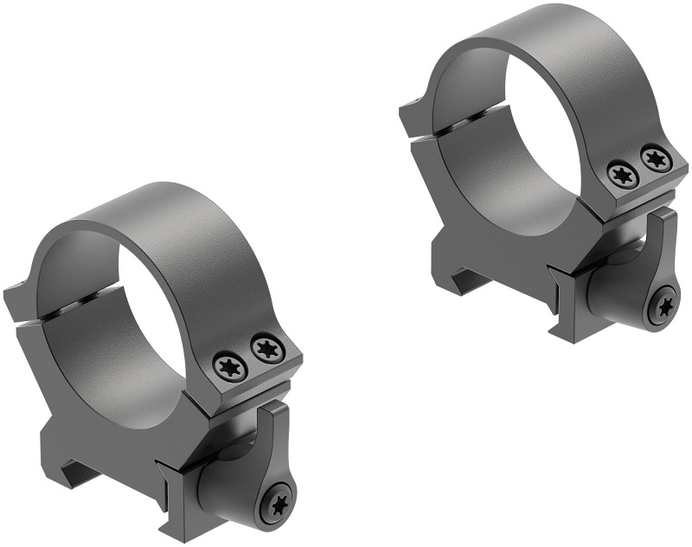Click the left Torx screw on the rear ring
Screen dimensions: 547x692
[x=623, y=174]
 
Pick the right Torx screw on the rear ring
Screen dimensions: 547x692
[x=654, y=158]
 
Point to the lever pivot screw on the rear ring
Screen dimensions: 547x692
[x=664, y=306]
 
